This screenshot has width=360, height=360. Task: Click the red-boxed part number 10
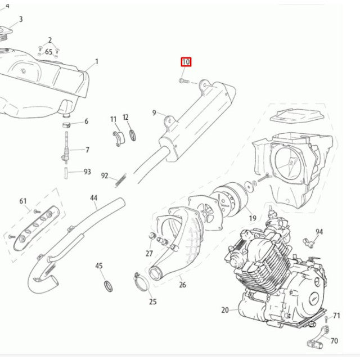tap(186, 62)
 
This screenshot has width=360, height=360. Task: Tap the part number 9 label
tap(154, 113)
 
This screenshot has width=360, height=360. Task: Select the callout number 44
tap(94, 198)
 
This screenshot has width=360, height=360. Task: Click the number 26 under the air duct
tap(182, 285)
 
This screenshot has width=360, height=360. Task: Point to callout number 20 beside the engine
tap(225, 310)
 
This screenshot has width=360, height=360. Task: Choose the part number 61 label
tap(23, 201)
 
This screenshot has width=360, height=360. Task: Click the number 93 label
tap(87, 172)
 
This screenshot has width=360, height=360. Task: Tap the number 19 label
tap(253, 218)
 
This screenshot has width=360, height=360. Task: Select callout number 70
tap(334, 341)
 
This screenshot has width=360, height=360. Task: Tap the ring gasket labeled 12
tap(133, 135)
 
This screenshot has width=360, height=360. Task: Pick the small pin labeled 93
tap(66, 171)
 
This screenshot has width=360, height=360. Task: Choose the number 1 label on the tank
tap(96, 61)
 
